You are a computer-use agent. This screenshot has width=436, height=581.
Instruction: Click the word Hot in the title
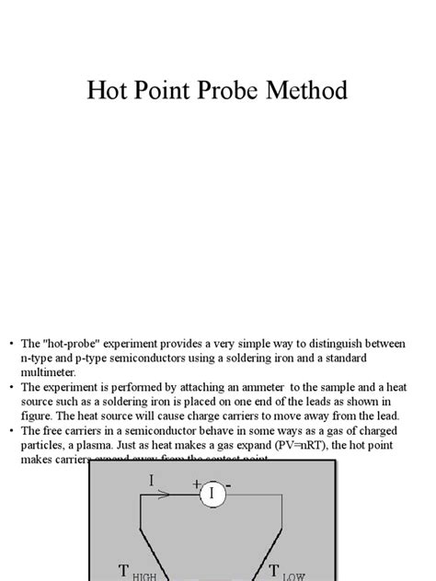(109, 91)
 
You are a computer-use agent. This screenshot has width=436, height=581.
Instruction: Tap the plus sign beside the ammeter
(196, 484)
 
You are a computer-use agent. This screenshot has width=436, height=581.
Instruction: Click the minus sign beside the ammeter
(228, 484)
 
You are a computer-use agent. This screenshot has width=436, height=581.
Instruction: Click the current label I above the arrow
(152, 480)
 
